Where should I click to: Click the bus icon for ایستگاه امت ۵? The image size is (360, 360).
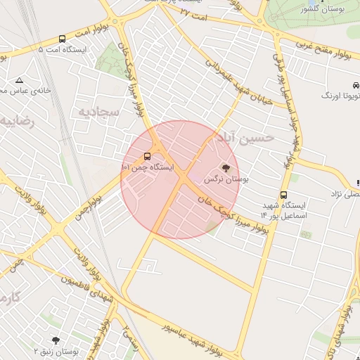click(x=63, y=39)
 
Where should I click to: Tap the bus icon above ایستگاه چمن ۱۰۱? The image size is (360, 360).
click(x=147, y=156)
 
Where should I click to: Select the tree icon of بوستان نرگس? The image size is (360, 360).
click(x=226, y=168)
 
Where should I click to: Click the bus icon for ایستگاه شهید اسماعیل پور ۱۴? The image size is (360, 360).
click(x=283, y=195)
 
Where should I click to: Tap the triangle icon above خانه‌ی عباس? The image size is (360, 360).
click(x=18, y=80)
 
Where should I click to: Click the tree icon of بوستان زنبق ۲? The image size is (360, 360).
click(x=56, y=340)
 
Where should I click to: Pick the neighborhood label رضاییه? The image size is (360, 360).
click(x=15, y=121)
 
